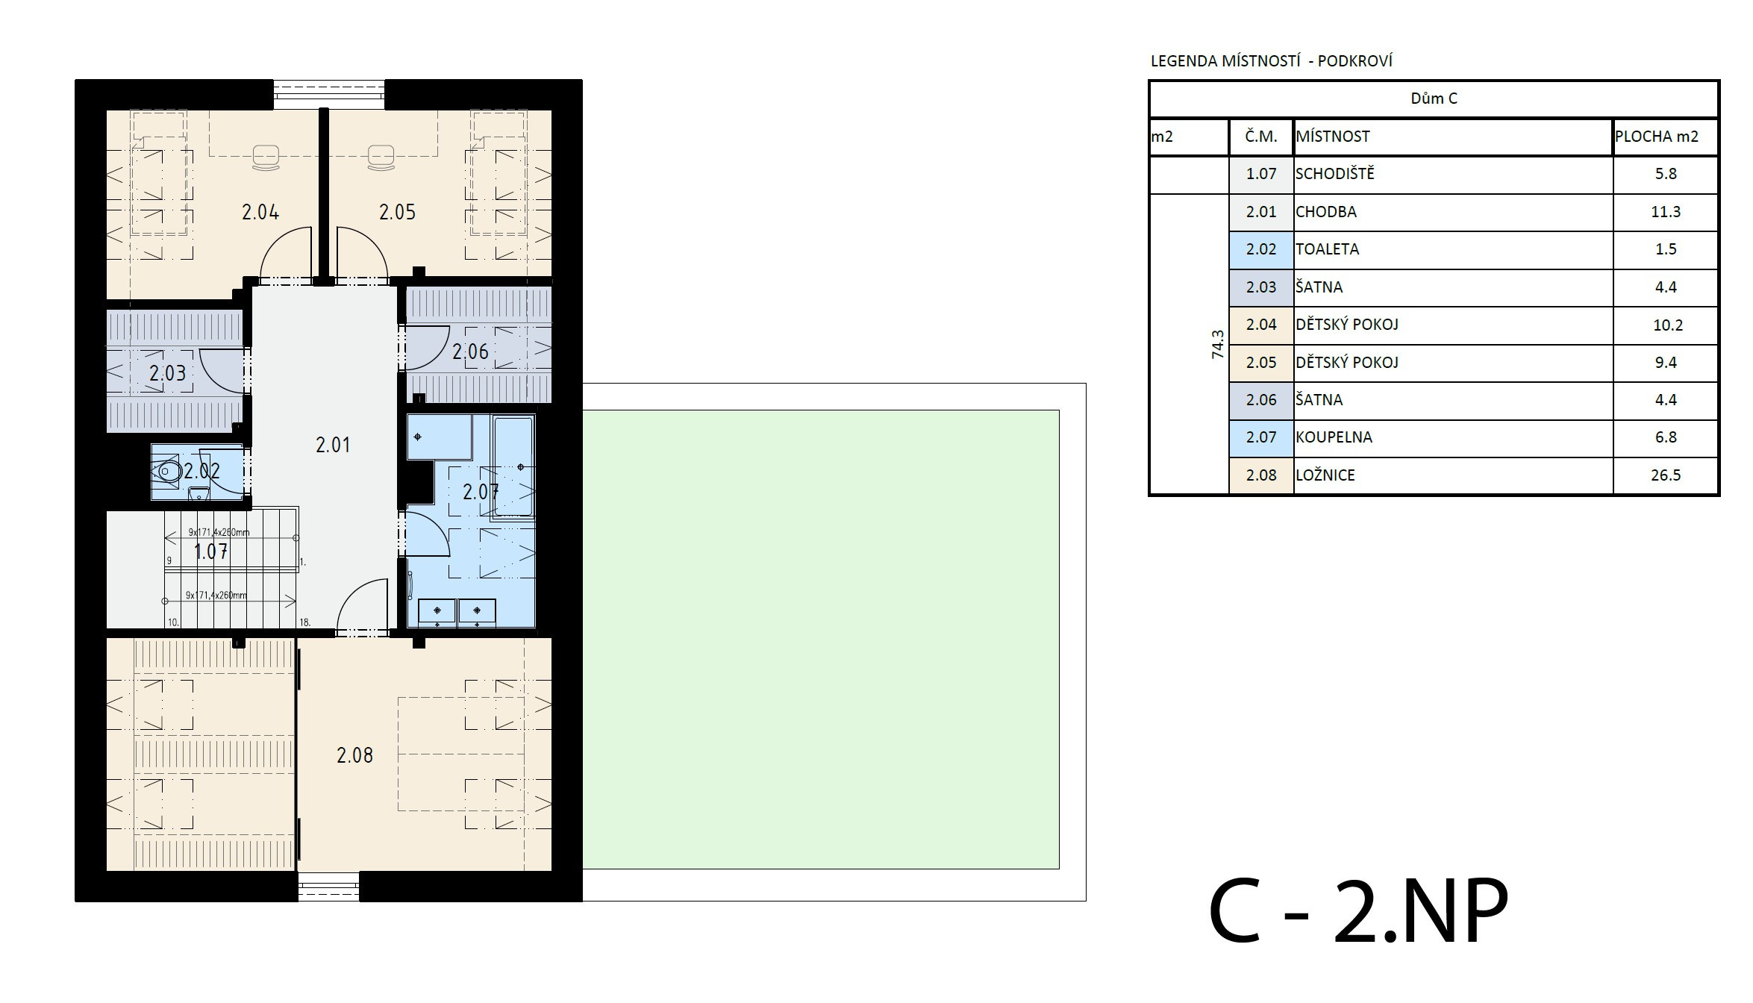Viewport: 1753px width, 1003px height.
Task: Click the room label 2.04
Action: [260, 213]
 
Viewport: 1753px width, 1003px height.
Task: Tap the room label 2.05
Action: [397, 213]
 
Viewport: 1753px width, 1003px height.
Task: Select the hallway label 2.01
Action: [333, 446]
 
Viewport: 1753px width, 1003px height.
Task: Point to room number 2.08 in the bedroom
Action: [354, 756]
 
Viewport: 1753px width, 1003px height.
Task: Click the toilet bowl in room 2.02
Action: [168, 472]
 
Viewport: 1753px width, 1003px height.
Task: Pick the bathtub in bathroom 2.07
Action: [513, 466]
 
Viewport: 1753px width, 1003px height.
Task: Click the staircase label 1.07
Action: [210, 552]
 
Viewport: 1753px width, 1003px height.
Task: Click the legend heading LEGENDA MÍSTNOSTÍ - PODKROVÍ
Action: [1272, 61]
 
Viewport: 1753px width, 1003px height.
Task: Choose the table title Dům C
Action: [1434, 99]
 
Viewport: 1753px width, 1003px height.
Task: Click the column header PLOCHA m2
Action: [1657, 137]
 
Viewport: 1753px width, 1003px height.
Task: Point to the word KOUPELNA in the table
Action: [1334, 437]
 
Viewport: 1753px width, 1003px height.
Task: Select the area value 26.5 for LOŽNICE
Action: [1666, 475]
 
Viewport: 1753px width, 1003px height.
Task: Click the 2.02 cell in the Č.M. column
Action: [1261, 249]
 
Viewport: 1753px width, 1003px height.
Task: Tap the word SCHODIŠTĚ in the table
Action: [1335, 173]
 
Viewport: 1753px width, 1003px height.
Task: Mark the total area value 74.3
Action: [1218, 345]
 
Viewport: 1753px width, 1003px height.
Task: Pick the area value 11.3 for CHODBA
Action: [1666, 212]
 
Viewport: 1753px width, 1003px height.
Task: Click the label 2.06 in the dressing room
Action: [470, 351]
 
